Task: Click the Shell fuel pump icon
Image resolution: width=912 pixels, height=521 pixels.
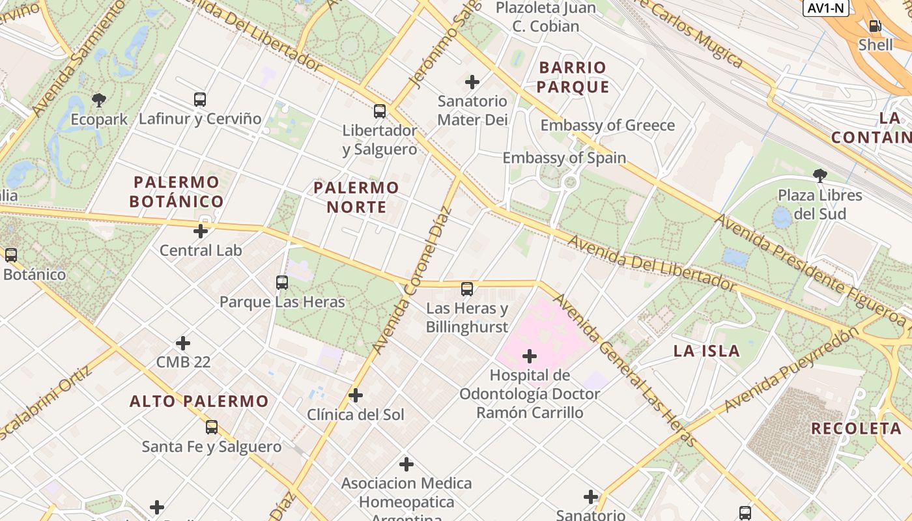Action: pos(875,26)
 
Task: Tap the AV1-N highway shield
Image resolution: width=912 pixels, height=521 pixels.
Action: pos(825,8)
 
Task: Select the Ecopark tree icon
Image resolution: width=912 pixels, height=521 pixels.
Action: pos(99,100)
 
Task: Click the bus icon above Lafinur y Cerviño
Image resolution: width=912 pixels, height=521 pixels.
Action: pos(200,100)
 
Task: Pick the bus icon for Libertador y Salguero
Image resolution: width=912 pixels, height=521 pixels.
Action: pos(380,111)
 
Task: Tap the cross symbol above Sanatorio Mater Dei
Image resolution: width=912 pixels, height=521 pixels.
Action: pos(472,82)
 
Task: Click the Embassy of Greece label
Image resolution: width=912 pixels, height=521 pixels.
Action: pos(607,125)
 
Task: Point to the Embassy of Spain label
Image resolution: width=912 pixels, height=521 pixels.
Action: pos(564,158)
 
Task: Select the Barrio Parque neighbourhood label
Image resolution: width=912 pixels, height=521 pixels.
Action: pos(573,77)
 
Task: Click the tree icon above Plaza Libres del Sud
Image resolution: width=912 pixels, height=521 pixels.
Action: pos(819,175)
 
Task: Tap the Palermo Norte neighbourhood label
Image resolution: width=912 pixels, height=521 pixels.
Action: pos(356,197)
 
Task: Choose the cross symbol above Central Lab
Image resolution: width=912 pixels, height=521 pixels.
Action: pos(201,231)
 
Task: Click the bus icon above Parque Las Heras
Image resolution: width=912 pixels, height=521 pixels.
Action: pos(282,283)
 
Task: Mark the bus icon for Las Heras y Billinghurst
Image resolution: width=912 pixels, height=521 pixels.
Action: pos(467,289)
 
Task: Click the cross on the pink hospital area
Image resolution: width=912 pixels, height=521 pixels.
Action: pos(530,356)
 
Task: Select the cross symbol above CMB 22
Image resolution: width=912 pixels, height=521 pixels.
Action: pos(183,343)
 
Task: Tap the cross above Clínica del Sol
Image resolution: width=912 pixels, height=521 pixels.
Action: pos(356,395)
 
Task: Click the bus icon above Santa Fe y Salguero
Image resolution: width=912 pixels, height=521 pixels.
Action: pos(212,427)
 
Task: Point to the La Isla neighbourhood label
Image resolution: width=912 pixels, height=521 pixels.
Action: pos(706,351)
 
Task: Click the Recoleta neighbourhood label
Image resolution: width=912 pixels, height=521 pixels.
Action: pos(856,429)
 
